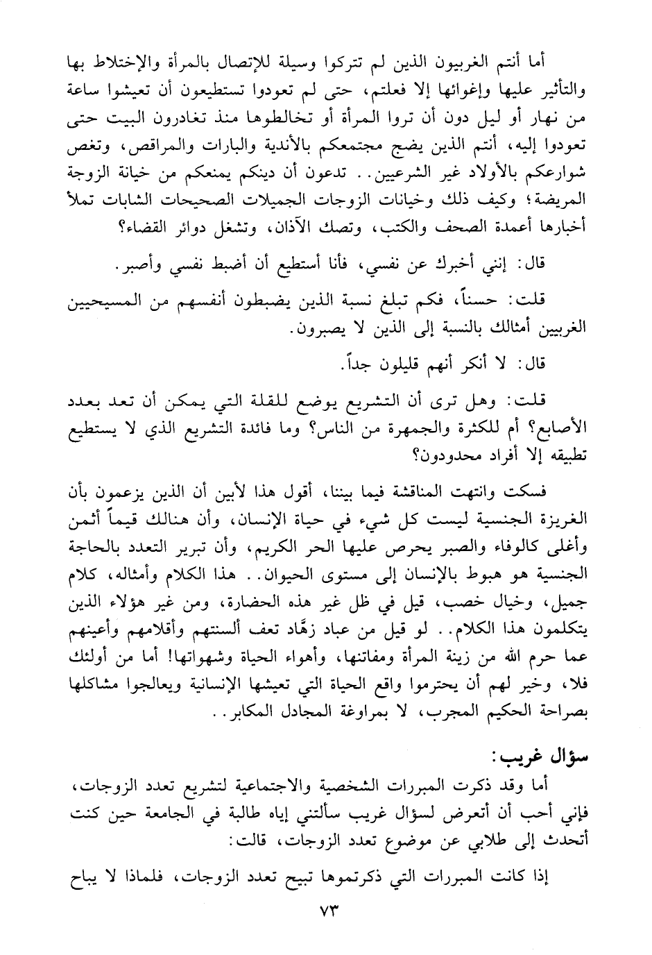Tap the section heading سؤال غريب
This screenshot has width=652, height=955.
pyautogui.click(x=540, y=771)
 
